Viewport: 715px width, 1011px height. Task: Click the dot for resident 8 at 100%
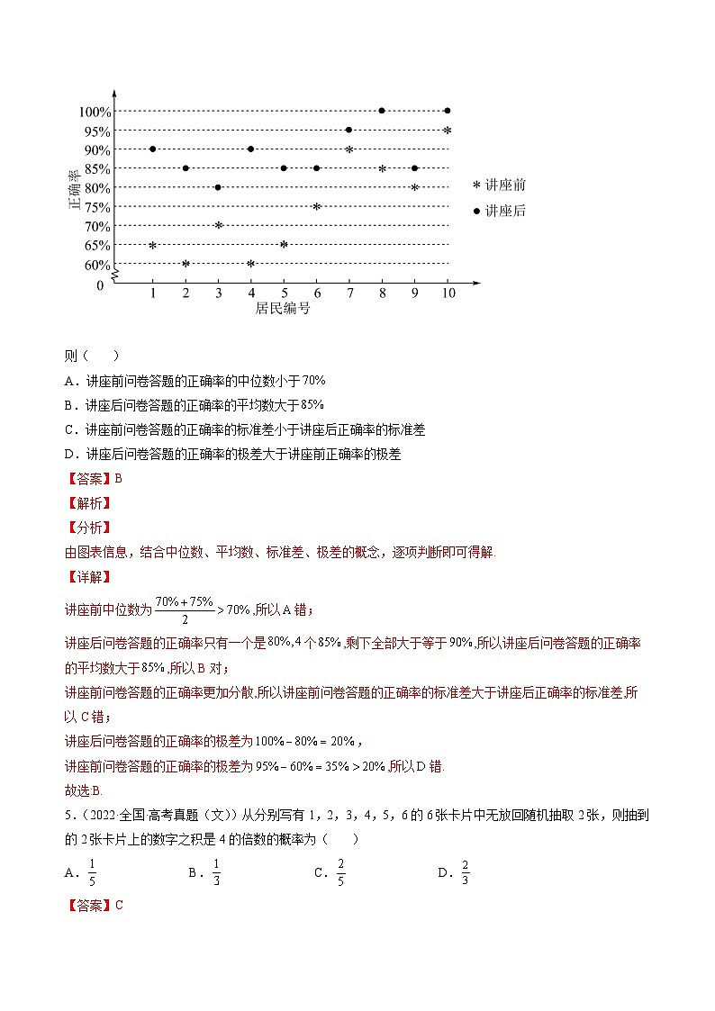point(382,111)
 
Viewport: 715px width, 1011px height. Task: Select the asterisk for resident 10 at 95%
point(447,131)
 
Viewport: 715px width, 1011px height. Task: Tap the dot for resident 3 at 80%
point(218,187)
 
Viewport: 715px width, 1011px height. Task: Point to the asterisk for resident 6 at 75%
point(316,207)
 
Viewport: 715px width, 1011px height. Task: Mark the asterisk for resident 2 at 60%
point(186,264)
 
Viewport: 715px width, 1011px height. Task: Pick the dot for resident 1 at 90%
point(153,149)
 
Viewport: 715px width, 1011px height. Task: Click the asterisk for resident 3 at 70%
point(218,225)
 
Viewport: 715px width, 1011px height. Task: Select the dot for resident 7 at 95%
point(348,130)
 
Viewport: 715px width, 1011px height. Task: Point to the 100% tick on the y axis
point(95,112)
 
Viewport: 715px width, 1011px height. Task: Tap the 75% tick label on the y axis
point(97,207)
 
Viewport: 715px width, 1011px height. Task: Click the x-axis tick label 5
point(284,293)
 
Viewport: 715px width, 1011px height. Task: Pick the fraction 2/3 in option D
point(466,871)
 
